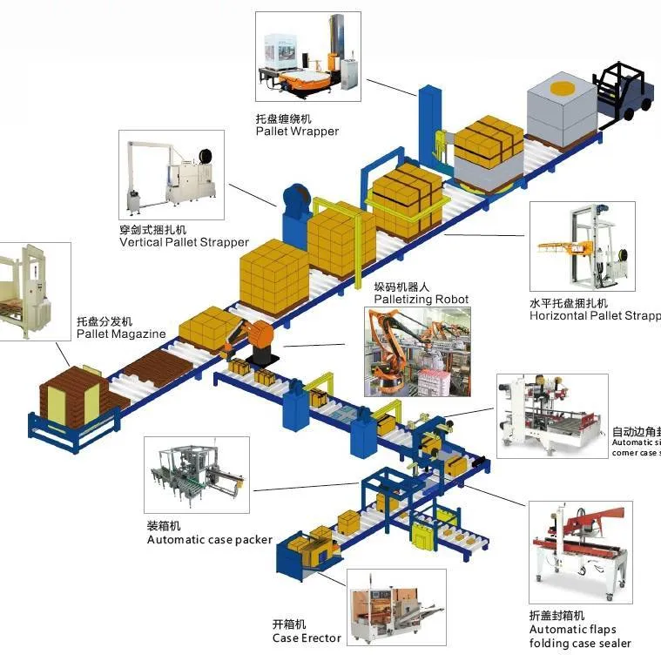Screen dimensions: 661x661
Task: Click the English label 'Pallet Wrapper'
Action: [297, 132]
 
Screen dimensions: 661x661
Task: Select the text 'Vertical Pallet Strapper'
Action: [184, 242]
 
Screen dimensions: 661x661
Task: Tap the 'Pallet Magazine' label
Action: [120, 334]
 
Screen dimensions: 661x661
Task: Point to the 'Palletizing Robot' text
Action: [421, 300]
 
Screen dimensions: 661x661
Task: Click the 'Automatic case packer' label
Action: [209, 540]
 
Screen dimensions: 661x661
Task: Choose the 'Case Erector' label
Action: [307, 638]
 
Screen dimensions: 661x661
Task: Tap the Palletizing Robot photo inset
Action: [416, 351]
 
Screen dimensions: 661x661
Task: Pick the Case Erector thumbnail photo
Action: [396, 608]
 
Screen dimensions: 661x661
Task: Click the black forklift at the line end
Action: [624, 91]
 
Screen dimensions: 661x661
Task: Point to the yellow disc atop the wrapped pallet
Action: [561, 90]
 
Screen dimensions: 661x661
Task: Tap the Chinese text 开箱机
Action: [289, 624]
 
